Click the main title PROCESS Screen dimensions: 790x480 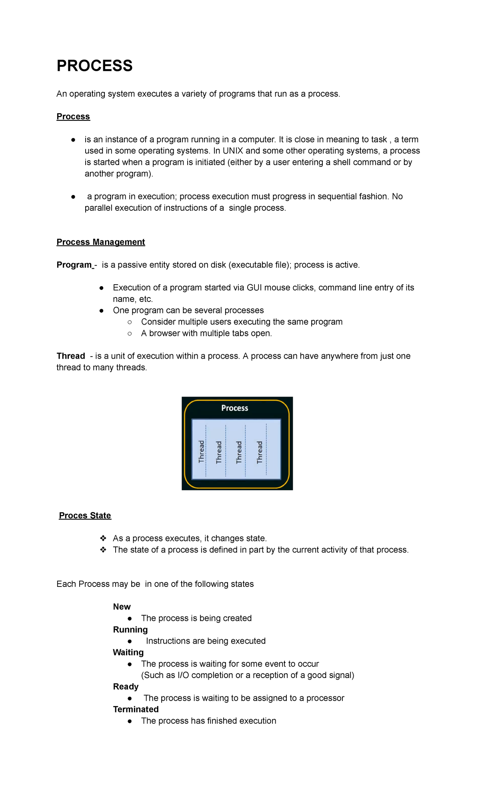tap(94, 66)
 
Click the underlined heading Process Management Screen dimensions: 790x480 tap(101, 242)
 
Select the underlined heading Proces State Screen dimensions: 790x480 tap(85, 515)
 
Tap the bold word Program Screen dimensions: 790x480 tap(74, 265)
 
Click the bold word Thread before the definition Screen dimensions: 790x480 tap(71, 356)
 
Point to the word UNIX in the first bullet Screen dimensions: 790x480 tap(233, 151)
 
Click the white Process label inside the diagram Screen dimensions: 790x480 tap(235, 408)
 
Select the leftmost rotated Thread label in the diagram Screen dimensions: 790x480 tap(202, 452)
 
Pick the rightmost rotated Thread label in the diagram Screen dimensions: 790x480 tap(260, 452)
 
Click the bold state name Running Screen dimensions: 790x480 tap(130, 630)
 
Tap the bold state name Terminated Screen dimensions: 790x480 tap(136, 709)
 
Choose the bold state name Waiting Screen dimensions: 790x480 tap(128, 652)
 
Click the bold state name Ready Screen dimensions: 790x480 tap(126, 686)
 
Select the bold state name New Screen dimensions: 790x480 tap(122, 606)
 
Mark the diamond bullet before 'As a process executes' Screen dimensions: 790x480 tap(103, 538)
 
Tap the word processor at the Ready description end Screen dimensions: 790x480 tap(325, 698)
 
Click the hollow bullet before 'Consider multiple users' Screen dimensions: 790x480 tap(130, 322)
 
